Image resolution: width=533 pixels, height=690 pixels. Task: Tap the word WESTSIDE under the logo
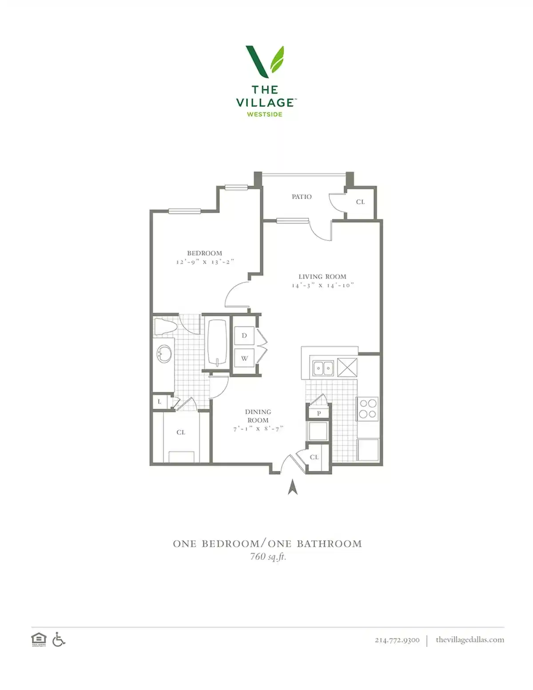[x=265, y=114]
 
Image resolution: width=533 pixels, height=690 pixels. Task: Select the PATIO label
[x=302, y=196]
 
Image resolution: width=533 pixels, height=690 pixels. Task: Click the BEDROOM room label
[x=204, y=253]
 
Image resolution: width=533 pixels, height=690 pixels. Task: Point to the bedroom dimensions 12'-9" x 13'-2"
[x=205, y=262]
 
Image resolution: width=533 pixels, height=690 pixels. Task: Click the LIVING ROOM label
[x=322, y=276]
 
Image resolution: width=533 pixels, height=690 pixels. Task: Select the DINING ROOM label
[x=258, y=416]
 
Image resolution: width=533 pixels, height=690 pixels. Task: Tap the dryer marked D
[x=244, y=335]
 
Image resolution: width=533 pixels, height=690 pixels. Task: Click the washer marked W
[x=244, y=358]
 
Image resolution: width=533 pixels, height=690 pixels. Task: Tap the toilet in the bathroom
[x=165, y=327]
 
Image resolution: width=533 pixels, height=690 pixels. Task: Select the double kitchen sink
[x=323, y=368]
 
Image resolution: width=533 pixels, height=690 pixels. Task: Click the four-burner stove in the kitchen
[x=368, y=409]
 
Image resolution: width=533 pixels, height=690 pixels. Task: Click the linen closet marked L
[x=159, y=402]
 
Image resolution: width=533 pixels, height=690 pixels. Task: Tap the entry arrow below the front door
[x=292, y=487]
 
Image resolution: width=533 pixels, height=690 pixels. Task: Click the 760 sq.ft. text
[x=268, y=556]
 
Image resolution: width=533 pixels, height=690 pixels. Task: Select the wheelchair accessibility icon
[x=59, y=639]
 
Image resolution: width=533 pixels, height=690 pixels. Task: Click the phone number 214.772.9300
[x=397, y=640]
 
